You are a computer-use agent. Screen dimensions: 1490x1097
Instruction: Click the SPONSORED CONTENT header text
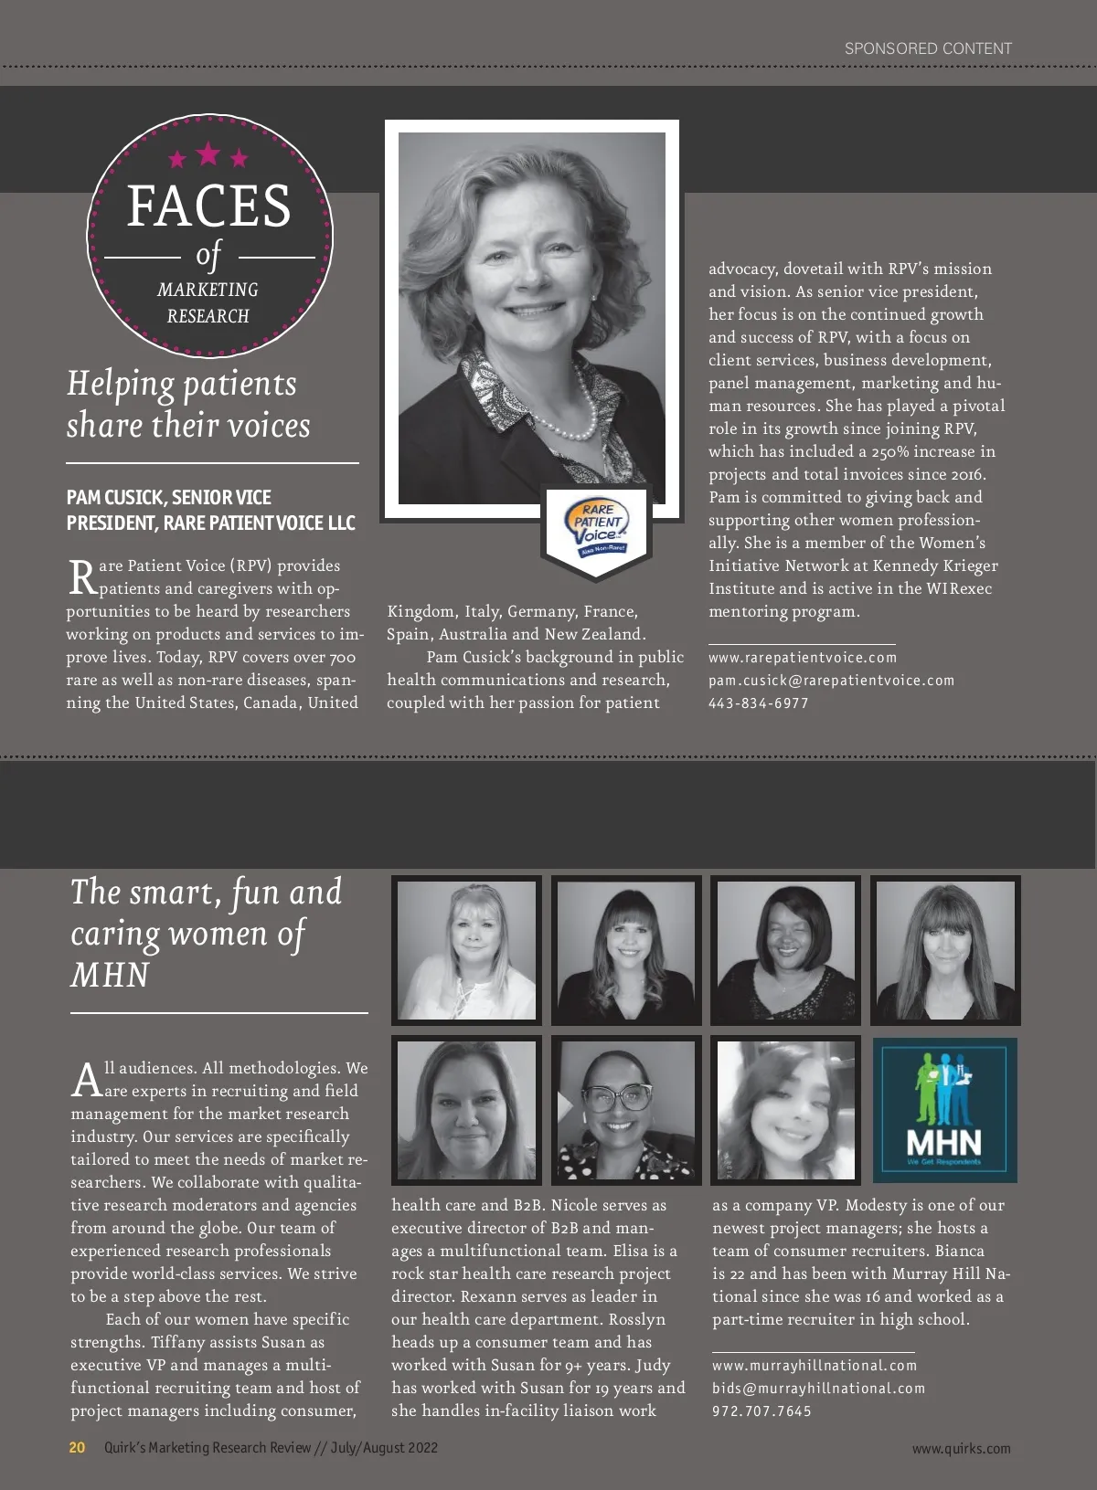pos(928,48)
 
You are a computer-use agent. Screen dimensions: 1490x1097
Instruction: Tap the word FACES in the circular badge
pos(208,206)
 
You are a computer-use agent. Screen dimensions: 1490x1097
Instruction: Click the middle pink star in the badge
pos(208,153)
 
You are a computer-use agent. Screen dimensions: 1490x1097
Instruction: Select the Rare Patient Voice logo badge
pos(597,530)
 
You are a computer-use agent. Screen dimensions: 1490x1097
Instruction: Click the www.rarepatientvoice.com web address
pos(803,658)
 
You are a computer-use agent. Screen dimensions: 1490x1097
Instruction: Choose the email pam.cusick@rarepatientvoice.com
pos(831,681)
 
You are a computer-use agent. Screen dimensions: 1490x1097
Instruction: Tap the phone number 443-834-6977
pos(758,703)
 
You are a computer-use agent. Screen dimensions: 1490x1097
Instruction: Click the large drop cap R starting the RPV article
pos(82,577)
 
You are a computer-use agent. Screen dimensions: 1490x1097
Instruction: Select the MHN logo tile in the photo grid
pos(944,1109)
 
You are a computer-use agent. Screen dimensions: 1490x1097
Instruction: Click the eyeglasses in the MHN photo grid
pos(619,1096)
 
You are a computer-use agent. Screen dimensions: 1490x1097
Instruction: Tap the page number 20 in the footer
pos(77,1447)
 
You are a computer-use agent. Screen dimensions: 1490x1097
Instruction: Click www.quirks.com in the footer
pos(961,1448)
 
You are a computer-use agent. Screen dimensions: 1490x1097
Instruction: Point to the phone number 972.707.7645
pos(762,1411)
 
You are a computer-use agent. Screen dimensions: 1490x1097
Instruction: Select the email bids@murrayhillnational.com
pos(818,1389)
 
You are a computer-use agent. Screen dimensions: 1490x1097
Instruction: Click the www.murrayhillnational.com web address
pos(814,1366)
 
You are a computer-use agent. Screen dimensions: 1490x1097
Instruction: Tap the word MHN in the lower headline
pos(110,975)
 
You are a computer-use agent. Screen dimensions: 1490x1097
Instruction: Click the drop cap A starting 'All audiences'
pos(87,1079)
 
